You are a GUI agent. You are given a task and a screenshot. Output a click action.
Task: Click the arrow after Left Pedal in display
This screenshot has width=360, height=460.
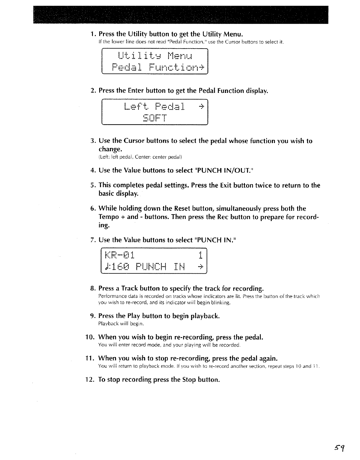[x=202, y=106]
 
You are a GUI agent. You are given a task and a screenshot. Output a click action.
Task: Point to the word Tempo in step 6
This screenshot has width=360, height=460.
[x=108, y=217]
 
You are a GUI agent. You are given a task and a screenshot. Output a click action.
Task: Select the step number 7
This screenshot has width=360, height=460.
[x=92, y=240]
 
